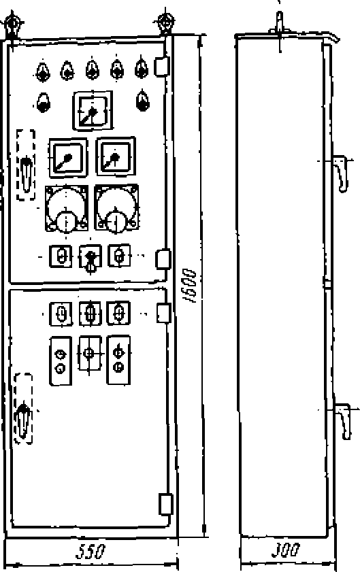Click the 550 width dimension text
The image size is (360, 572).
point(91,551)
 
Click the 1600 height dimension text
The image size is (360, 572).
point(189,286)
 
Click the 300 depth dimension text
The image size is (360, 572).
point(286,550)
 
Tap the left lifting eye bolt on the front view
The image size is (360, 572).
point(12,24)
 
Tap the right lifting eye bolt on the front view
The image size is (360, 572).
point(165,22)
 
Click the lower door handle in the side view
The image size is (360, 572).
point(343,420)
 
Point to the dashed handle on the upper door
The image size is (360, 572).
point(26,165)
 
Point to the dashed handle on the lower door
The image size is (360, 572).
point(23,408)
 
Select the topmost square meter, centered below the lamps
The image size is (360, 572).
point(93,111)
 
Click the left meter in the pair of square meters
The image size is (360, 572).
point(68,158)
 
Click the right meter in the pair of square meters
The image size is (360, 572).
point(116,156)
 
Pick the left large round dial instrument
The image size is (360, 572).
point(67,209)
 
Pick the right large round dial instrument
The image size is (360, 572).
point(116,208)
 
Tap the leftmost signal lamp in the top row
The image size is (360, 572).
point(43,71)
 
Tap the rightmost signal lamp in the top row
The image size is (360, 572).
point(142,69)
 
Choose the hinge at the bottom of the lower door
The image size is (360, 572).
point(165,504)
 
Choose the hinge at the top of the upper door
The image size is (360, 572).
point(161,66)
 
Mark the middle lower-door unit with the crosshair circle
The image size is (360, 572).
point(90,354)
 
